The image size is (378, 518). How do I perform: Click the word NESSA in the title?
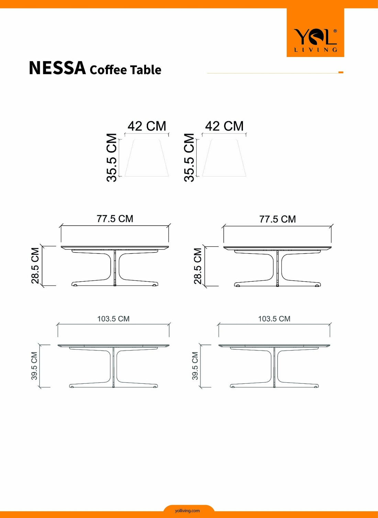[57, 68]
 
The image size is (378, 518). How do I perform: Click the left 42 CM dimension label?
[147, 126]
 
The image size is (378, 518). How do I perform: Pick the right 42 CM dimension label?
[224, 126]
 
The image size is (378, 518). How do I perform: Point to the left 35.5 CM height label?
[112, 157]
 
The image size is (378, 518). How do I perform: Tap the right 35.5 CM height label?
[189, 157]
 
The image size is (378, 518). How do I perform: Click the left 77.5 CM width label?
[115, 219]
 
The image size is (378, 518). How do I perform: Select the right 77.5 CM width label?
[278, 219]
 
